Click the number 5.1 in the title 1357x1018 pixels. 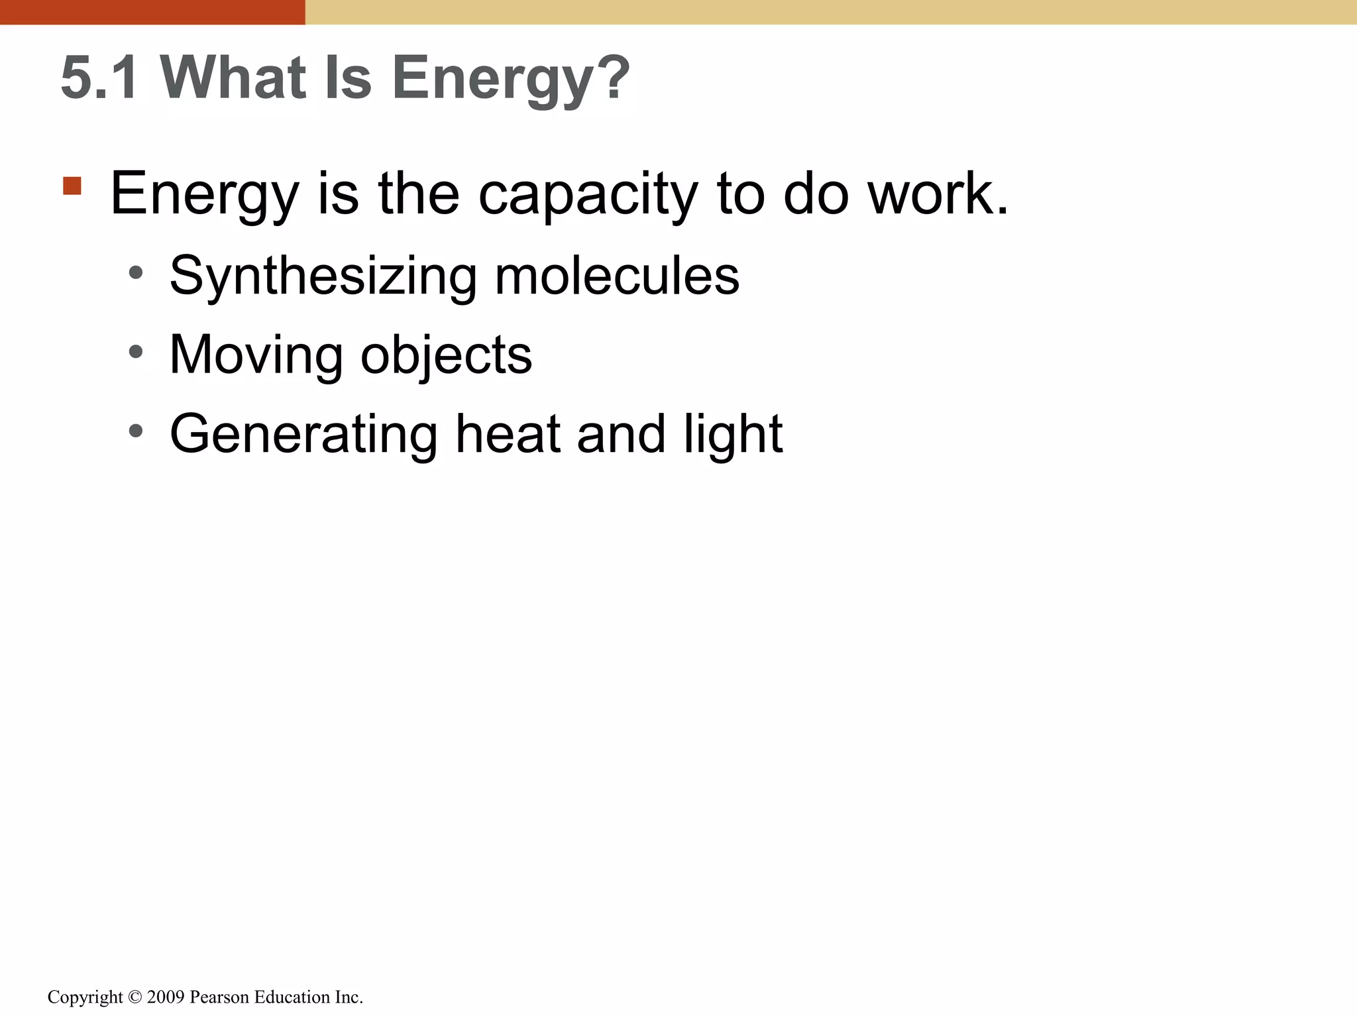(99, 78)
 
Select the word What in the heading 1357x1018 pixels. (233, 78)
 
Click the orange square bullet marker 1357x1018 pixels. (72, 186)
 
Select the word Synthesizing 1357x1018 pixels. (323, 276)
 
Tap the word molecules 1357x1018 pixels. (617, 275)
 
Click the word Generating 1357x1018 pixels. (303, 435)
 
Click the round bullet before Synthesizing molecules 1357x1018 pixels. (136, 272)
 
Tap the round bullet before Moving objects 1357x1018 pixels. (136, 352)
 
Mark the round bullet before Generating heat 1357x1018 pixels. (136, 431)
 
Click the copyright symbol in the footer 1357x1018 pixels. (135, 997)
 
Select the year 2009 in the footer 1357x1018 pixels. (165, 997)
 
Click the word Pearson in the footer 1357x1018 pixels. (219, 997)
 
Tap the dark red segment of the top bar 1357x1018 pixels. (152, 12)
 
